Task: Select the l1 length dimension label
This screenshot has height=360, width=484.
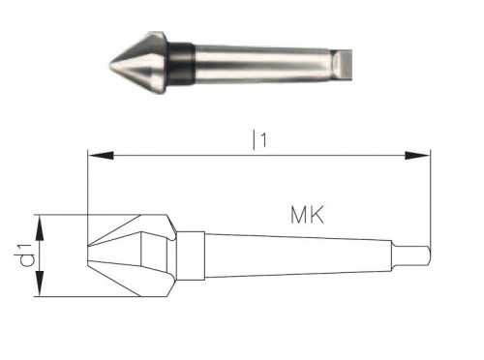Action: (x=257, y=139)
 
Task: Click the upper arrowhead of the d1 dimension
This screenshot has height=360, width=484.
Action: (x=39, y=221)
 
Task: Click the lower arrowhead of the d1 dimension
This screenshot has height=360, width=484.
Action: (x=39, y=293)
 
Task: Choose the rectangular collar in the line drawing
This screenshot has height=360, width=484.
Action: (x=192, y=256)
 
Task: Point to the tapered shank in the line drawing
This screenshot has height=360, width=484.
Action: (x=290, y=256)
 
